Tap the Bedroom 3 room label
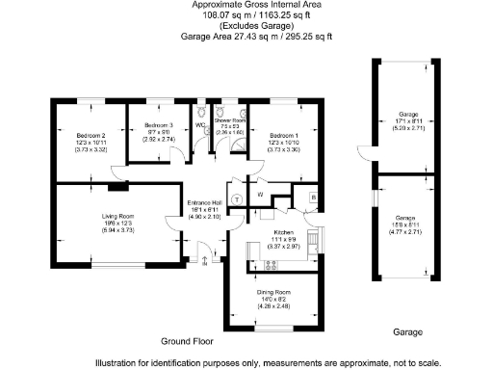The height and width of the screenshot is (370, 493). [x=158, y=126]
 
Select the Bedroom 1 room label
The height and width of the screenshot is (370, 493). [x=284, y=135]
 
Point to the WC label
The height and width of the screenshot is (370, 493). [x=200, y=125]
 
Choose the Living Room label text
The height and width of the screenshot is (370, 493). [x=118, y=217]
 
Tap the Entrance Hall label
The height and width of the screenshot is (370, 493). [x=203, y=202]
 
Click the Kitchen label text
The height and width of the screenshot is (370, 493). [x=283, y=232]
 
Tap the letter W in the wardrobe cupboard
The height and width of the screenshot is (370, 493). [x=261, y=195]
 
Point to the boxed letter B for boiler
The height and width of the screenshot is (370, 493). [x=313, y=198]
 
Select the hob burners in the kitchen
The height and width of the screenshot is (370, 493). [x=272, y=265]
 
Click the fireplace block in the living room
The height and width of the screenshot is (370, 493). [x=117, y=174]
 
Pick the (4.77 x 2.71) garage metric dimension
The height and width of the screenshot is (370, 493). [x=409, y=232]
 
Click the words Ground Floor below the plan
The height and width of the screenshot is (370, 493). [x=186, y=341]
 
